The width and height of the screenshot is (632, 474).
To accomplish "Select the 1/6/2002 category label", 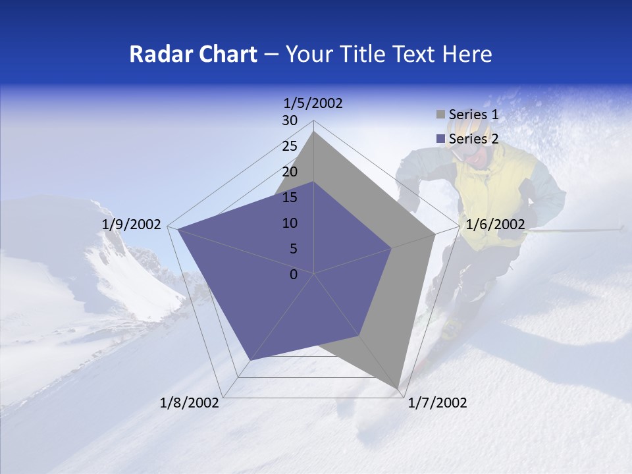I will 495,224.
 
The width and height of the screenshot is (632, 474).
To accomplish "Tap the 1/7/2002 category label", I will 438,403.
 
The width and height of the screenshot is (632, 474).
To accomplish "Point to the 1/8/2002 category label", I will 190,403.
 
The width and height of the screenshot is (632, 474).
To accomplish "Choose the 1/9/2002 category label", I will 131,224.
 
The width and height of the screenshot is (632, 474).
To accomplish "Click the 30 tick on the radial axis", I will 290,120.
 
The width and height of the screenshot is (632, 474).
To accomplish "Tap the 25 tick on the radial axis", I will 290,146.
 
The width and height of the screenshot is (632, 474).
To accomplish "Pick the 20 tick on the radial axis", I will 290,172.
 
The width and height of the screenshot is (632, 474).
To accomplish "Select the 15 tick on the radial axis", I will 290,197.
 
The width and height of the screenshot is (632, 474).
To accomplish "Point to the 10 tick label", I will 290,223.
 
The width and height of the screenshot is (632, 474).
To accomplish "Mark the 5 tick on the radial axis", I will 293,249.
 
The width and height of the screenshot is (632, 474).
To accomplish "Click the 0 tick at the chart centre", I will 294,275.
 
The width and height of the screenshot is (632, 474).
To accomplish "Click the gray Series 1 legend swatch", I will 440,115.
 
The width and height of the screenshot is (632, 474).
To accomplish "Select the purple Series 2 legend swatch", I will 440,139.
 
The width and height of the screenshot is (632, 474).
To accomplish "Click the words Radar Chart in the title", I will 193,54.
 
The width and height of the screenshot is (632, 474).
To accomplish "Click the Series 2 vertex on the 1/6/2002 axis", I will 392,248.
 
